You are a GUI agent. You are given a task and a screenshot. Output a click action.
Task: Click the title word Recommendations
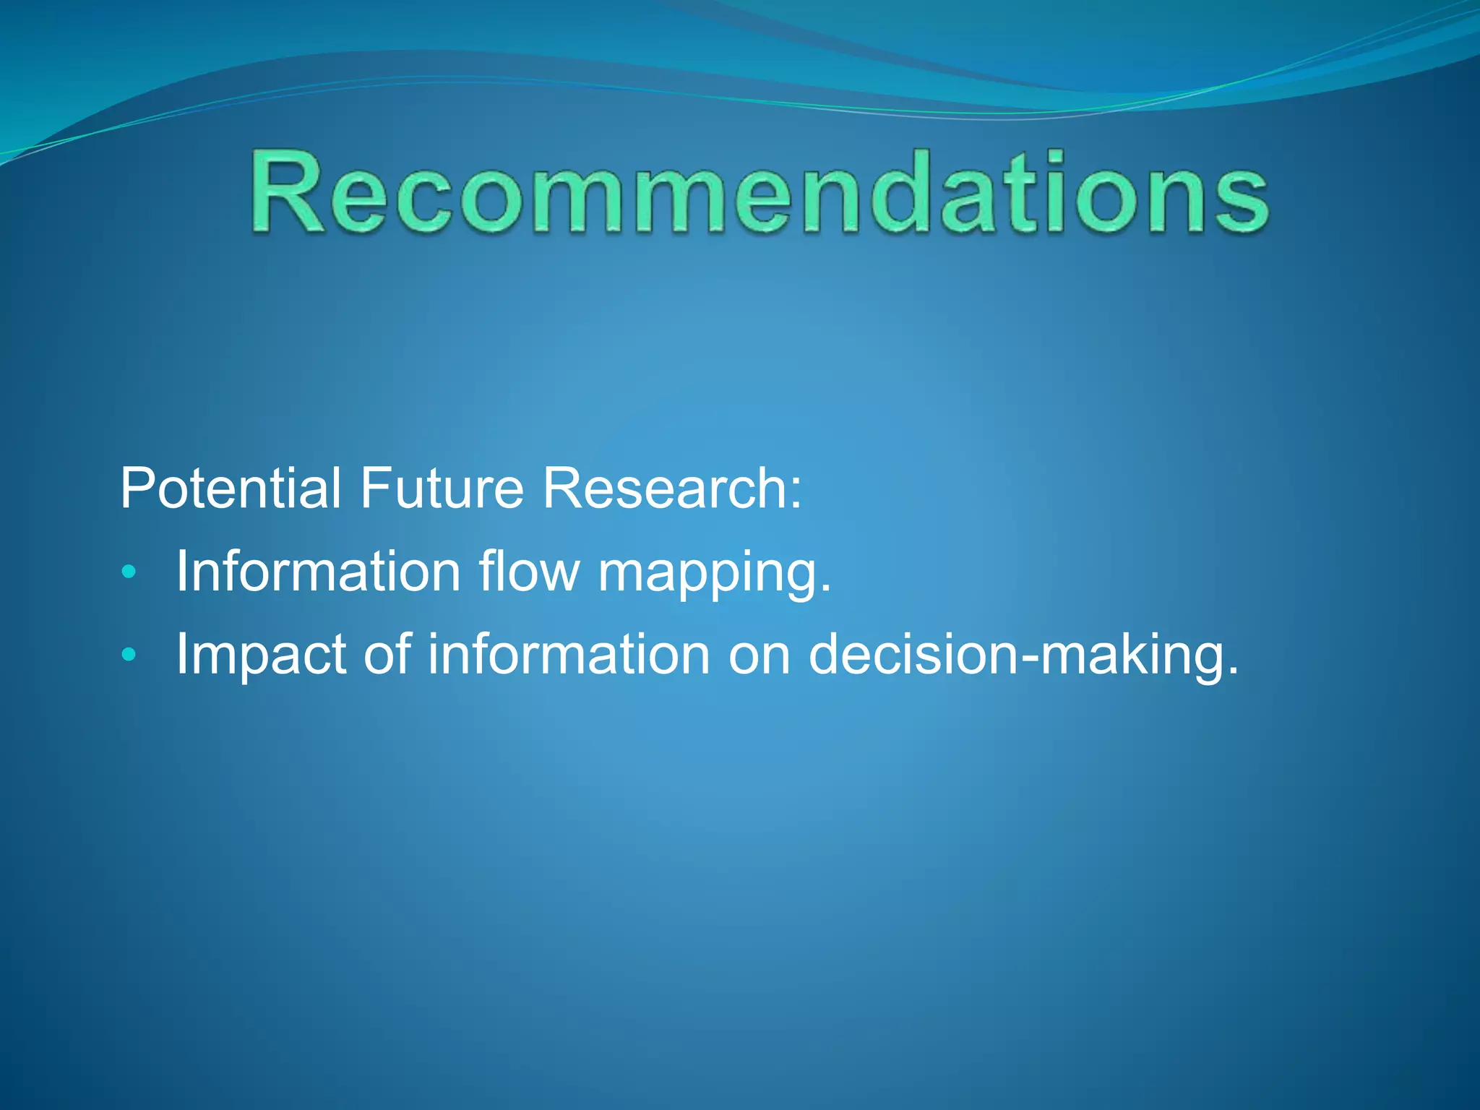point(759,194)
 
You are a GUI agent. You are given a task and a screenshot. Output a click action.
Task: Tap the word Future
point(441,489)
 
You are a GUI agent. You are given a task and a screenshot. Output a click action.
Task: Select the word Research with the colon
point(672,489)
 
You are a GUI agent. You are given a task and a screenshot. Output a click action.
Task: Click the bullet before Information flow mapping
point(129,573)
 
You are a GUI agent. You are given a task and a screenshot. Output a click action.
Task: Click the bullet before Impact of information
point(129,655)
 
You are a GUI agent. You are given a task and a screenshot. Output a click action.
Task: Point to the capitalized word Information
point(318,572)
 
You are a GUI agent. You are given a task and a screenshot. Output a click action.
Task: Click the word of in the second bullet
point(387,654)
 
